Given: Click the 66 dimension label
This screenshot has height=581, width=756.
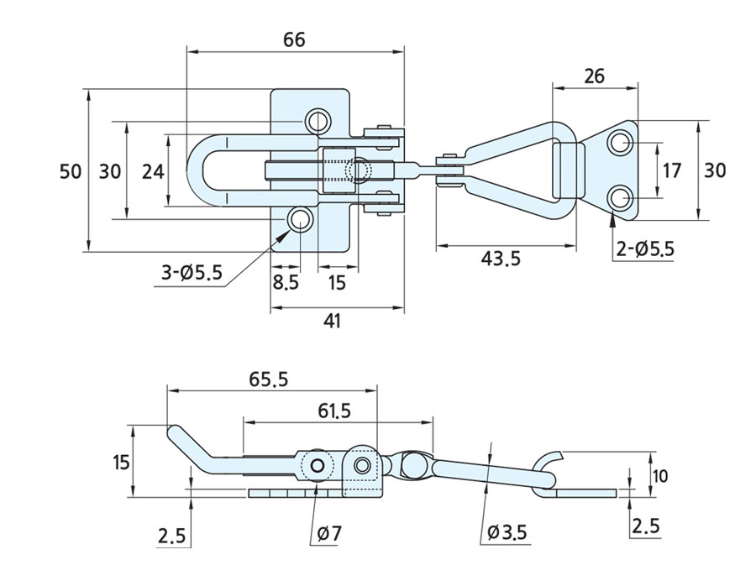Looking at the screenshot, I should tap(293, 39).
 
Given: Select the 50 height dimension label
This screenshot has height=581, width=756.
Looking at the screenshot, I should tap(71, 170).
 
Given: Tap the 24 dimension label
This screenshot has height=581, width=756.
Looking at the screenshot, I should tap(152, 171).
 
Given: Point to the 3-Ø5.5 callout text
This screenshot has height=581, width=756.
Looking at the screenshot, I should tap(192, 272).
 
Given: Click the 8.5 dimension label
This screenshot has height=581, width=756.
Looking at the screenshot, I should tap(286, 282).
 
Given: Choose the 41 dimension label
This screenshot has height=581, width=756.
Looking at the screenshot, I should tap(333, 321).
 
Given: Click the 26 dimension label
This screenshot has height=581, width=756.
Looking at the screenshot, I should tap(593, 76).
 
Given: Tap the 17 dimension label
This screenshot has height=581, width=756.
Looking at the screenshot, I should tap(671, 171).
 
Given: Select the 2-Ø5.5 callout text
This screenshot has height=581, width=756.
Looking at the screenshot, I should tap(644, 249).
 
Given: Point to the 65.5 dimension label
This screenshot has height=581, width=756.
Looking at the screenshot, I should tap(269, 379).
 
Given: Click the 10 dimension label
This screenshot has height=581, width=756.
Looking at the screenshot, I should tap(660, 476).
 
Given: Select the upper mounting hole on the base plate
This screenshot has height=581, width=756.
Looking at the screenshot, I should tap(318, 121).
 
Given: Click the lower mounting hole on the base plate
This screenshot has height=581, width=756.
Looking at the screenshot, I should tap(301, 220).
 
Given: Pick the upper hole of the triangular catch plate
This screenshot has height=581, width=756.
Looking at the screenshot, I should tap(621, 144).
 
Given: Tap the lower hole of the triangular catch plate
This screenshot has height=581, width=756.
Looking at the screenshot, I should tap(621, 198).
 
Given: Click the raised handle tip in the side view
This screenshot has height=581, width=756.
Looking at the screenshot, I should tap(174, 433).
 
